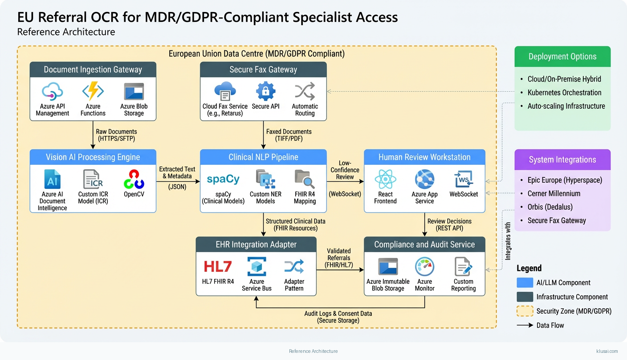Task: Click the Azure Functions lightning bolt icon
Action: click(93, 91)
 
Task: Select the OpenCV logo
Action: click(134, 179)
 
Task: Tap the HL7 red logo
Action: click(218, 266)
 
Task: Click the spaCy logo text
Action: click(223, 179)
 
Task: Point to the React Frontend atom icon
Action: click(385, 179)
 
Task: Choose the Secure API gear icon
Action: click(266, 91)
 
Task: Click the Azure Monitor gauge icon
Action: click(424, 266)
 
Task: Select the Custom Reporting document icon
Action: click(463, 266)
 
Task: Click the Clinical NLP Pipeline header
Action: click(263, 157)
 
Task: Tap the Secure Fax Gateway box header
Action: click(263, 70)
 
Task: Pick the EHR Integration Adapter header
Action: click(256, 245)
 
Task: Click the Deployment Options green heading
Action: click(562, 57)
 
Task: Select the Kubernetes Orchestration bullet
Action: click(564, 93)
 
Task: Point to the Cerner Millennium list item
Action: click(554, 193)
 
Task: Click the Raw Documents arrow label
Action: click(116, 135)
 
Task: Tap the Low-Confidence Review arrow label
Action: click(345, 170)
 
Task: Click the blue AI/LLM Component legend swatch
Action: click(525, 282)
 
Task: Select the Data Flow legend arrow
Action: click(525, 325)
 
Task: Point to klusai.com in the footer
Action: click(607, 351)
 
